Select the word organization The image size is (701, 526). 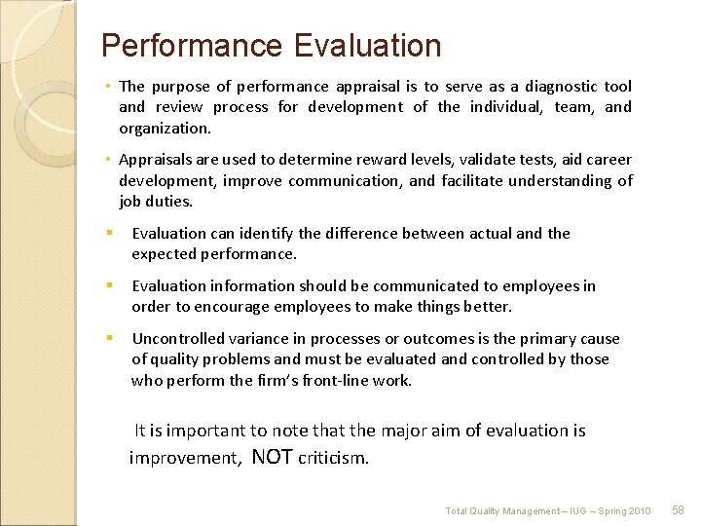(x=165, y=129)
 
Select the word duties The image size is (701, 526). (x=170, y=202)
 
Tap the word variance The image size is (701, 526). (x=272, y=339)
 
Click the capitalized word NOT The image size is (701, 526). (x=273, y=458)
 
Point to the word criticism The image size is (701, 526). (x=334, y=459)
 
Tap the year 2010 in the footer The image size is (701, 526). (x=639, y=511)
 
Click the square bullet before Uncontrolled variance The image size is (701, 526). (x=110, y=338)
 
